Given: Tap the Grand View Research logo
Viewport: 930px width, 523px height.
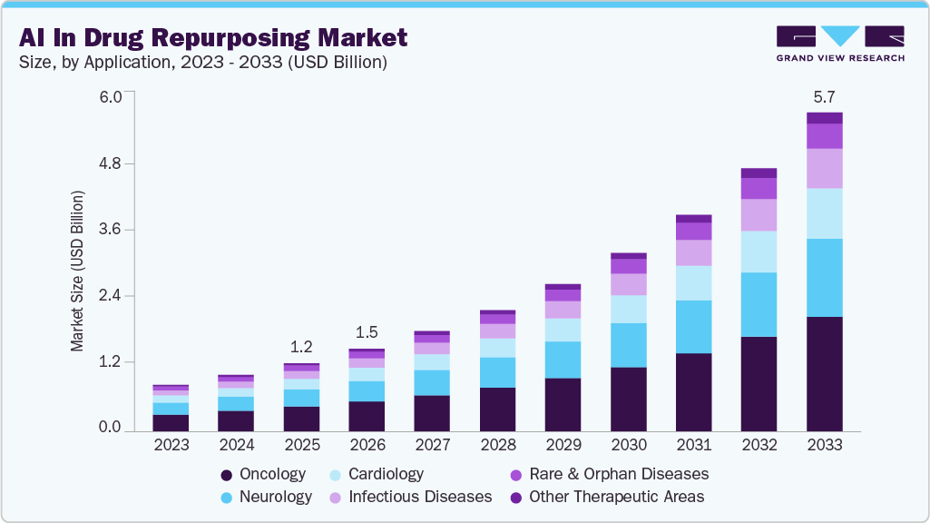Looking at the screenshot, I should [840, 44].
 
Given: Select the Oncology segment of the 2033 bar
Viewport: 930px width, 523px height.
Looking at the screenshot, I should [824, 373].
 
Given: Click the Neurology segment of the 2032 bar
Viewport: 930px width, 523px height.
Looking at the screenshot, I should [759, 304].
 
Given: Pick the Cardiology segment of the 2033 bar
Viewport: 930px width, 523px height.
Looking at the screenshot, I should [824, 213].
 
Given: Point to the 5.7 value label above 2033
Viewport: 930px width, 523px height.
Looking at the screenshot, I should [824, 96].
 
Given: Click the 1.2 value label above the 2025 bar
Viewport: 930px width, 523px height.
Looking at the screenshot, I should [301, 347].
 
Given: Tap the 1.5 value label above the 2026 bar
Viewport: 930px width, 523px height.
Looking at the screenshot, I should [367, 332].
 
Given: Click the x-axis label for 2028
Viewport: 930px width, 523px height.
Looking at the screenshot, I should [497, 445].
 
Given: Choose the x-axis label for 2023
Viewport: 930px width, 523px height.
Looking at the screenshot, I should [171, 445].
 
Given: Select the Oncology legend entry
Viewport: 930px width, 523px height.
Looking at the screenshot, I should [263, 474].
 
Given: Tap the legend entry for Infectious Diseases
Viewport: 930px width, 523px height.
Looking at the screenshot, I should [407, 497].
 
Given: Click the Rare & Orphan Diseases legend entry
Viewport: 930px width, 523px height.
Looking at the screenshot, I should [609, 474].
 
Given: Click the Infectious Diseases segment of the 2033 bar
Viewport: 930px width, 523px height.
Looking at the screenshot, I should [824, 168].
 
